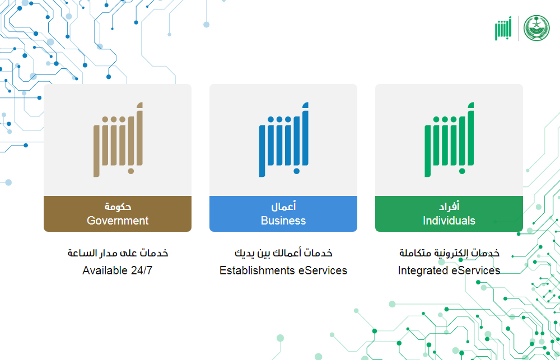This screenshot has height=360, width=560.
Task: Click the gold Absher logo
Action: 118,139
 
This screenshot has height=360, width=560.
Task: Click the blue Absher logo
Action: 283,139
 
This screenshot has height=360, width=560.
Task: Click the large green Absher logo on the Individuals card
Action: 449,139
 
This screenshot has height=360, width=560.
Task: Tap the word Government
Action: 118,221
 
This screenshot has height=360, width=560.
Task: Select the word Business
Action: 283,221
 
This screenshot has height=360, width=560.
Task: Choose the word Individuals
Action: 449,221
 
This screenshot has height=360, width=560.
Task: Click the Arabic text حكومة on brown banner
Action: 118,207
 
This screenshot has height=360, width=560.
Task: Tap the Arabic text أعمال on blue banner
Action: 283,206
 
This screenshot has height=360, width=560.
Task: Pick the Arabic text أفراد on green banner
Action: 449,206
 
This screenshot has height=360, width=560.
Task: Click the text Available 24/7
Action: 118,270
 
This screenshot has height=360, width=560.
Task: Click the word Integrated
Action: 423,271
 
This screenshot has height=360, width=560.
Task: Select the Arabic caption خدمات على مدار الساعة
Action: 118,253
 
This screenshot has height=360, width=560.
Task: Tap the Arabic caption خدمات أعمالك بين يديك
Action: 283,253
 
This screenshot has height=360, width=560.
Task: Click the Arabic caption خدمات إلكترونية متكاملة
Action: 449,253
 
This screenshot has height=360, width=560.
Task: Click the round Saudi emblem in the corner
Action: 536,28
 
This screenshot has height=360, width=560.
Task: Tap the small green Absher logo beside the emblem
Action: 503,28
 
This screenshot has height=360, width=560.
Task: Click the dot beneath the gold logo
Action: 131,171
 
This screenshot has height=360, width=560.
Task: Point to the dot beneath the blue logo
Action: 297,171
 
